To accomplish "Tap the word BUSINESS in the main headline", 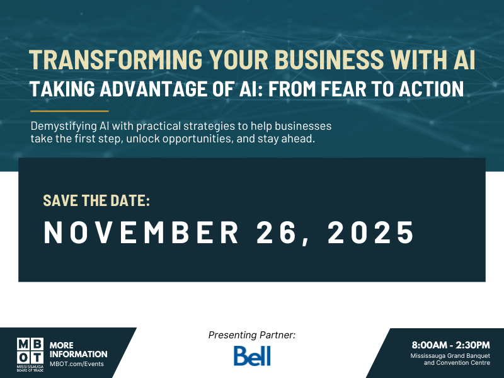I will point(307,60).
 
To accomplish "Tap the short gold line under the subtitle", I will point(69,111).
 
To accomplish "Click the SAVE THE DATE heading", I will point(96,201).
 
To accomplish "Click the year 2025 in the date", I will point(371,233).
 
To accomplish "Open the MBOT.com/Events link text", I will point(77,364).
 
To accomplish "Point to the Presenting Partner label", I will point(251,335).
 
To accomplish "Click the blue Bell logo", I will point(252,356).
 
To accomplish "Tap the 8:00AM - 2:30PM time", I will point(450,345).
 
